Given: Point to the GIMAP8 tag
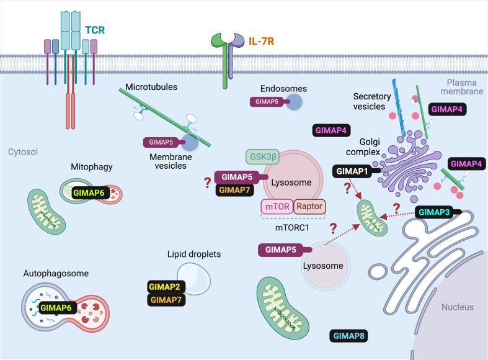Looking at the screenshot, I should [x=350, y=336].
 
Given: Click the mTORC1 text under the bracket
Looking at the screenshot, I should [x=293, y=227].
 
